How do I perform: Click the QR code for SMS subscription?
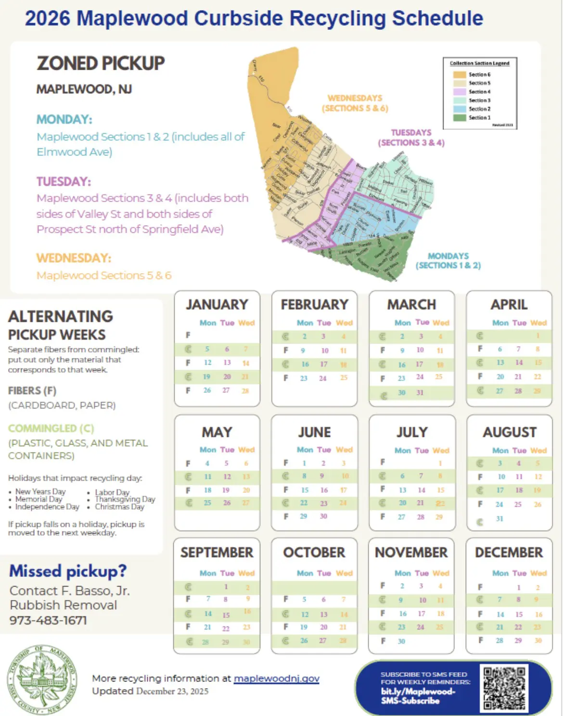click(x=504, y=688)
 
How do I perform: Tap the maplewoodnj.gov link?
click(x=276, y=678)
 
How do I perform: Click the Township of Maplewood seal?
click(x=42, y=679)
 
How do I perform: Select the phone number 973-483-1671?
click(x=48, y=620)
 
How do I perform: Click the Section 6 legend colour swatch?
click(x=460, y=75)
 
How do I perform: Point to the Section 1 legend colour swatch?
click(x=460, y=117)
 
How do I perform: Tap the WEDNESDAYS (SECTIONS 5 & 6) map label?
click(x=355, y=103)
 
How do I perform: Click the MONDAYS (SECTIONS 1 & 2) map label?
click(x=448, y=261)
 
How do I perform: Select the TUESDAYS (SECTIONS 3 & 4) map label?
click(x=411, y=138)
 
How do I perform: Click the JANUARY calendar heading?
click(x=217, y=305)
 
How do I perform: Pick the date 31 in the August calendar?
click(x=499, y=519)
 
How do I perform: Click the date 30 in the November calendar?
click(x=401, y=641)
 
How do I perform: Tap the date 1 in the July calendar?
click(x=440, y=463)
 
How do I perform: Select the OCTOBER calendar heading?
click(x=314, y=552)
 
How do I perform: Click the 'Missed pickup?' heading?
click(x=68, y=571)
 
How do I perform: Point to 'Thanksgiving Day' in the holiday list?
click(x=125, y=499)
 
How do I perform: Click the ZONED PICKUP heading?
click(x=101, y=64)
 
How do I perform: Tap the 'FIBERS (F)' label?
click(x=32, y=391)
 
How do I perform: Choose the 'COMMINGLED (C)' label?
click(x=51, y=428)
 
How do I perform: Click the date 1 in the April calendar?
click(x=537, y=336)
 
